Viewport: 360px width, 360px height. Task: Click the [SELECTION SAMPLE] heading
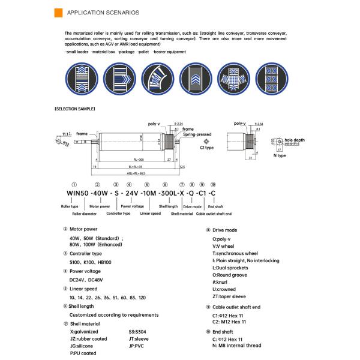(74, 109)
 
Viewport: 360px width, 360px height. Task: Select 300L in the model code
(167, 194)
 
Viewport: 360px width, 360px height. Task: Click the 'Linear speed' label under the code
(151, 213)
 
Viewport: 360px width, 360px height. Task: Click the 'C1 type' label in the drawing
(207, 147)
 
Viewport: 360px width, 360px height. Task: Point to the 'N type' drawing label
(280, 155)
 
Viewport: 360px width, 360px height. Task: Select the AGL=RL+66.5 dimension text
(137, 172)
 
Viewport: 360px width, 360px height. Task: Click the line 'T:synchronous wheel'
(235, 254)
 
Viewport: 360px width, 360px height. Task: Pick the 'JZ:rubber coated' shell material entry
(89, 339)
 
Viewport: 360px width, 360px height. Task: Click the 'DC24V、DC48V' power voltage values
(87, 280)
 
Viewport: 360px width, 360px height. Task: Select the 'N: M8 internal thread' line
(236, 346)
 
